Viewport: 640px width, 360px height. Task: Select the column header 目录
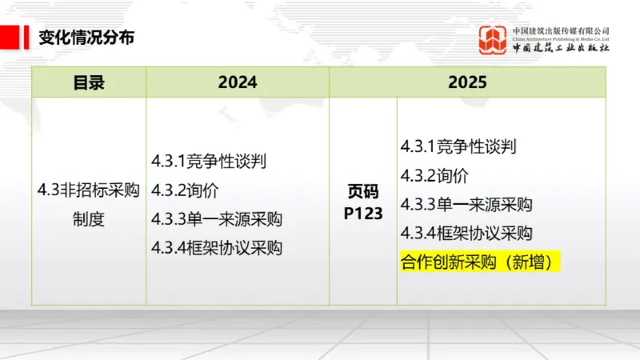[x=89, y=82]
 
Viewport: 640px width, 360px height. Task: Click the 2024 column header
[x=237, y=82]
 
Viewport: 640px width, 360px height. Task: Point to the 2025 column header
[x=467, y=82]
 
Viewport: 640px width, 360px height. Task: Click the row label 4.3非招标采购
[x=89, y=190]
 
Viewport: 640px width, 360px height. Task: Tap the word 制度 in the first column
[x=89, y=218]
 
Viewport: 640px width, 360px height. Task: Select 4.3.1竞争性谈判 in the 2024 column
[x=209, y=161]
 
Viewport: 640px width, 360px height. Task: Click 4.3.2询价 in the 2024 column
[x=185, y=190]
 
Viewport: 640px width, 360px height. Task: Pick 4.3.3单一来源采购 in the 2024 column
[x=217, y=218]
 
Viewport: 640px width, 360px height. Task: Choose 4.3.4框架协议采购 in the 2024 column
[x=217, y=247]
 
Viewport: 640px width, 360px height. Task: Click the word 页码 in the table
[x=362, y=192]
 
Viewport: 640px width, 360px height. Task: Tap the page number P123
[x=363, y=214]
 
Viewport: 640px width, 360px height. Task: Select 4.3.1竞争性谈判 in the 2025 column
[x=458, y=146]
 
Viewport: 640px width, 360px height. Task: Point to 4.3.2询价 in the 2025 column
[x=434, y=175]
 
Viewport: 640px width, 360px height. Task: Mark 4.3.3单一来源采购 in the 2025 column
[x=466, y=204]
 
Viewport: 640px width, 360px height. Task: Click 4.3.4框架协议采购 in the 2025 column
[x=466, y=233]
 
